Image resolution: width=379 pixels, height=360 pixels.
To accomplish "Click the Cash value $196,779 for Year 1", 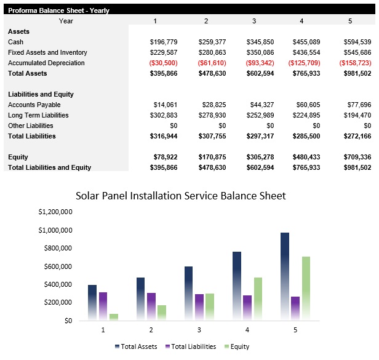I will coord(163,42).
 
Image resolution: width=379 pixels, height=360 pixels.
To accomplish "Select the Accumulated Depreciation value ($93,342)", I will coord(258,63).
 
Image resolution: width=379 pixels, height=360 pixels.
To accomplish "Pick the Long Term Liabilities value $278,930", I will coord(211,115).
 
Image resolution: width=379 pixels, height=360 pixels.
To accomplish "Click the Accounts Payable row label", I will coord(34,105).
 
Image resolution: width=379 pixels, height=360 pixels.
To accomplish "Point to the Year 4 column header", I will coord(301,21).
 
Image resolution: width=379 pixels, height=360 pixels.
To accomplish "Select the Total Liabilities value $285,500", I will coord(306,136).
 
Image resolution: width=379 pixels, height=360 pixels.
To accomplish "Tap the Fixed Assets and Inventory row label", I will coord(47,52).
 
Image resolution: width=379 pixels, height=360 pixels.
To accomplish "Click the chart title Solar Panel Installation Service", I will coord(180,196).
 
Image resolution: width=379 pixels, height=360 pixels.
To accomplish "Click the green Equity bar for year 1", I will coord(114,316).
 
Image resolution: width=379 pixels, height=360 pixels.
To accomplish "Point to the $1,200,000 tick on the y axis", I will coord(55,212).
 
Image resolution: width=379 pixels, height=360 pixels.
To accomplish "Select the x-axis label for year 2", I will coord(151,330).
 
